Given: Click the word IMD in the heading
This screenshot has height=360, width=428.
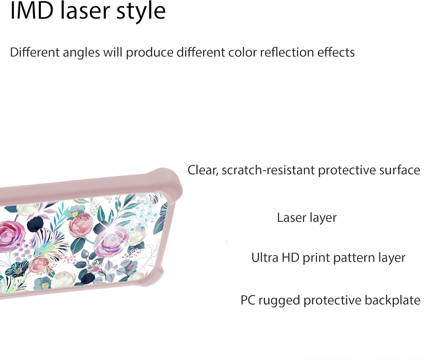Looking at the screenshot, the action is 32,11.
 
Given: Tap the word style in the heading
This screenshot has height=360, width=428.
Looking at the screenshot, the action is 141,12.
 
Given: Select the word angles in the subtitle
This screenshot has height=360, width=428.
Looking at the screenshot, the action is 81,53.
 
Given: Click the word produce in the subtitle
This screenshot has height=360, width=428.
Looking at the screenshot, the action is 150,53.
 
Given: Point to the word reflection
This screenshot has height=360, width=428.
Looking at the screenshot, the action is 287,52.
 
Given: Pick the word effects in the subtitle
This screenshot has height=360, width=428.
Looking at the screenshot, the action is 336,52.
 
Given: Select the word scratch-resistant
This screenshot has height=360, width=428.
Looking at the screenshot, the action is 268,170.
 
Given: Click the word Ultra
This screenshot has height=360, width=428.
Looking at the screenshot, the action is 265,258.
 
